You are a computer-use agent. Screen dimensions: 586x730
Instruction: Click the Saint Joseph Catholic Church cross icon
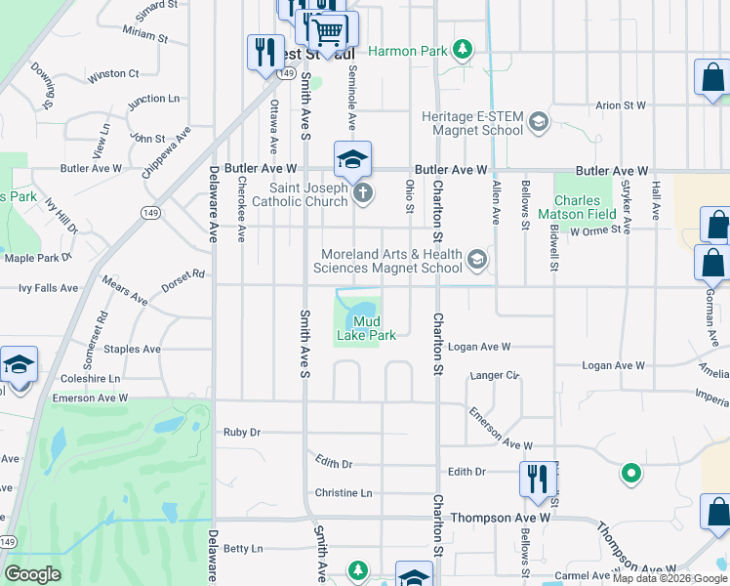click(x=362, y=192)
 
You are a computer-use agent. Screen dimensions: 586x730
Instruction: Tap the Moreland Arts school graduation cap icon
click(x=476, y=259)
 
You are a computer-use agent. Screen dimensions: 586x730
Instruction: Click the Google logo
click(x=32, y=574)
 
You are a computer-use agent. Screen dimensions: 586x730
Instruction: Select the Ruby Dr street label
click(x=242, y=432)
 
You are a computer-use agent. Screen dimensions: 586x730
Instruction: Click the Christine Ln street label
click(x=344, y=493)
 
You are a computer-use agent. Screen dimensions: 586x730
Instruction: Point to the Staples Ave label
click(x=132, y=349)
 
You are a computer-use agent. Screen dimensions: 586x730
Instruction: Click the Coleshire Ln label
click(x=90, y=378)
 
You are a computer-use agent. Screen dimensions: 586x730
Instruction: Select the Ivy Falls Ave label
click(x=49, y=288)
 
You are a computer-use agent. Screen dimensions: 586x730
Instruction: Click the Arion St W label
click(x=622, y=105)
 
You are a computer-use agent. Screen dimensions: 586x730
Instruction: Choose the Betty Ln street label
click(x=243, y=549)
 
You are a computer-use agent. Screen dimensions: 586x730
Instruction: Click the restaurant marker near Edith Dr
click(x=537, y=480)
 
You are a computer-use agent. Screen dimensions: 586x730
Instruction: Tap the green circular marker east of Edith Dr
click(x=631, y=475)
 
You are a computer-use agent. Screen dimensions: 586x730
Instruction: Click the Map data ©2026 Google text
click(x=669, y=577)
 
